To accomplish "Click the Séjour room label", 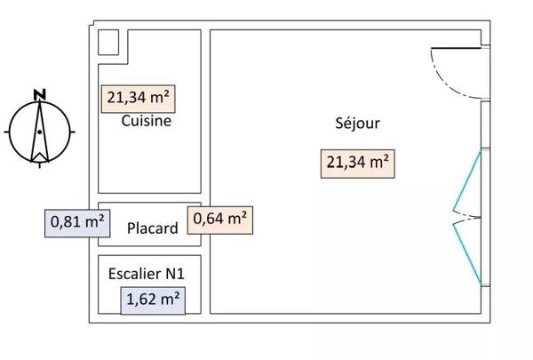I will [354, 124].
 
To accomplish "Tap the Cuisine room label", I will [146, 122].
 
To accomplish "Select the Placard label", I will [152, 228].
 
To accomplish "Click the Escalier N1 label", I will [147, 274].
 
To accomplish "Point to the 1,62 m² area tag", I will [154, 300].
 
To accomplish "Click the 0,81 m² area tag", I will [76, 220].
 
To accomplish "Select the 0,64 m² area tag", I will [219, 218].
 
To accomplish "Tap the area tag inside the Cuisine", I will [139, 97].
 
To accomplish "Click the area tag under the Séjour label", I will [356, 162].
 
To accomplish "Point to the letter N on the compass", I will [38, 92].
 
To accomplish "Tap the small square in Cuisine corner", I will [107, 43].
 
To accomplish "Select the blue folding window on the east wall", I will [468, 217].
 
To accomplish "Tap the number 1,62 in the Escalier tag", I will [142, 300].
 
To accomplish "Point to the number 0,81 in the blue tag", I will [66, 220].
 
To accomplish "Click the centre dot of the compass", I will [38, 132].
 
